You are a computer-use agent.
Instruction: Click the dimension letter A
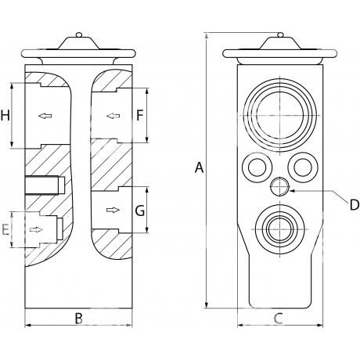[x=199, y=167]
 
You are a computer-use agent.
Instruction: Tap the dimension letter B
[x=79, y=319]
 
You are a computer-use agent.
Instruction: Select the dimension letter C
[x=279, y=319]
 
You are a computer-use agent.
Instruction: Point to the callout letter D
[x=355, y=205]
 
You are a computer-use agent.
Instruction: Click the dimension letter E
[x=5, y=229]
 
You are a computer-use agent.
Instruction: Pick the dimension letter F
[x=140, y=115]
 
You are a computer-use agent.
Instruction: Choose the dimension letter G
[x=140, y=211]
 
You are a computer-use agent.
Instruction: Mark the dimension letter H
[x=5, y=115]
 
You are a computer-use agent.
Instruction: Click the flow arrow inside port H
[x=45, y=116]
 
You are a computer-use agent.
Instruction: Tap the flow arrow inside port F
[x=113, y=116]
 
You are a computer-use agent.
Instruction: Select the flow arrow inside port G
[x=113, y=210]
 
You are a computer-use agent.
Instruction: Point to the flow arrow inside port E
[x=36, y=229]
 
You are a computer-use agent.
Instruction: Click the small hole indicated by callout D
[x=279, y=186]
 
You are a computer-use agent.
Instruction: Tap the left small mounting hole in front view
[x=257, y=167]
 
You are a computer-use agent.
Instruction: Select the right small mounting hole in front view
[x=303, y=167]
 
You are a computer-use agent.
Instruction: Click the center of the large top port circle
[x=279, y=115]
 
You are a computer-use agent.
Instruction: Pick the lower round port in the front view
[x=279, y=229]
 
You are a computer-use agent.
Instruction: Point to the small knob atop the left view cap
[x=79, y=34]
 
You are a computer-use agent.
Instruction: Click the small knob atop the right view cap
[x=280, y=34]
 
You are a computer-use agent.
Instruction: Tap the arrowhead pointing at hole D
[x=292, y=191]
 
